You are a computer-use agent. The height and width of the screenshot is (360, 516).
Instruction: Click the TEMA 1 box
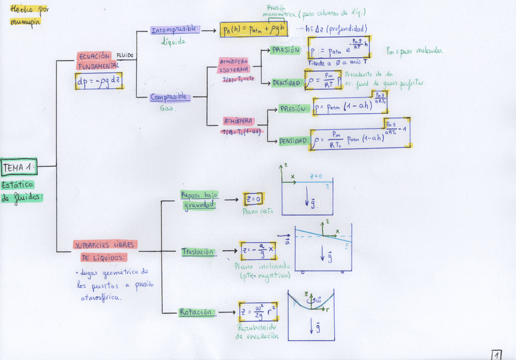(19, 167)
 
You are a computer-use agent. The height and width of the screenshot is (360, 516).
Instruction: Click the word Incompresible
(173, 29)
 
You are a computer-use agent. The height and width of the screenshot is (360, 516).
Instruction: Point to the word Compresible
(170, 97)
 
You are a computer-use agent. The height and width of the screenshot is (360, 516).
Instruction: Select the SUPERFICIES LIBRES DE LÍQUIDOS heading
(105, 251)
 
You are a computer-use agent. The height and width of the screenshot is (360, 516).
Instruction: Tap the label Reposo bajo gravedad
(198, 200)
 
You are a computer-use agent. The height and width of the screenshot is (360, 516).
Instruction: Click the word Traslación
(198, 251)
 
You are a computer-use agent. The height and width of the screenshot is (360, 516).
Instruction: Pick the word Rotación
(196, 312)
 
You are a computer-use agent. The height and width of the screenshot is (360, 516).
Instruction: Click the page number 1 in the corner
(497, 354)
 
